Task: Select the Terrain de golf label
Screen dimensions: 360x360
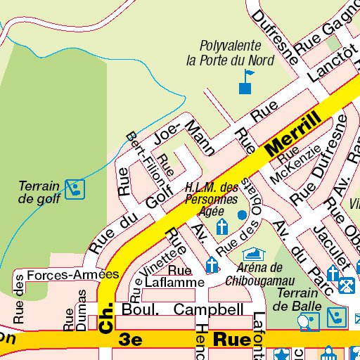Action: coord(39,192)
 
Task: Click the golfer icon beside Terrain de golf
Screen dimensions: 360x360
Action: coord(75,188)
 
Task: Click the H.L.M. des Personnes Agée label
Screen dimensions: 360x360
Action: coord(211,199)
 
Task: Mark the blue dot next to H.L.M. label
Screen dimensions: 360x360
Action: coord(242,214)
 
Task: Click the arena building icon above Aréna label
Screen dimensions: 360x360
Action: coord(251,254)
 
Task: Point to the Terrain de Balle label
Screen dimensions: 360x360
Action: coord(298,299)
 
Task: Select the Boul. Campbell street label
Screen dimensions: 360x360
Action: coord(183,309)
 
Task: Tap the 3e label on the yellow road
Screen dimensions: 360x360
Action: coord(131,340)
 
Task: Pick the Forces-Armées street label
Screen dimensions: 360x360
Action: coord(72,275)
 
